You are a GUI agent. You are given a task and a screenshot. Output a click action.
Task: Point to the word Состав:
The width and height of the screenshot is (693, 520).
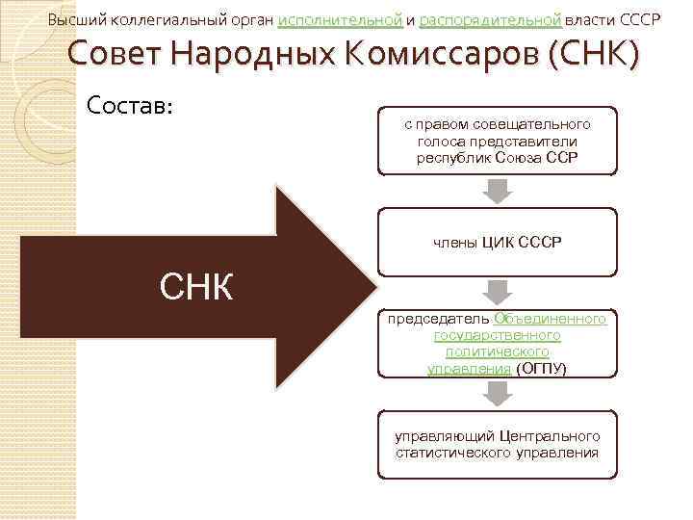[x=129, y=102]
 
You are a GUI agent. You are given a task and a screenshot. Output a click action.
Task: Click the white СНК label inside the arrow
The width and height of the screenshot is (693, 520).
[x=195, y=285]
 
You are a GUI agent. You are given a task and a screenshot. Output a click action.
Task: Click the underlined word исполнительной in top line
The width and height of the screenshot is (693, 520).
[x=340, y=20]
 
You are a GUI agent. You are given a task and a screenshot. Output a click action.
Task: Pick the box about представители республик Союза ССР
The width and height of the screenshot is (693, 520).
[x=497, y=141]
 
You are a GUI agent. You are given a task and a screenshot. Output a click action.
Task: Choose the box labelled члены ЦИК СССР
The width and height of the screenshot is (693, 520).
[x=497, y=243]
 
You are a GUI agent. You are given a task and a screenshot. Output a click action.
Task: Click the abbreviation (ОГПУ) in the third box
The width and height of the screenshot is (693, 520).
[x=541, y=369]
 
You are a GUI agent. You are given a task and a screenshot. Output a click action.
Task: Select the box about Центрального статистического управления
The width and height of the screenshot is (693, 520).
[x=497, y=444]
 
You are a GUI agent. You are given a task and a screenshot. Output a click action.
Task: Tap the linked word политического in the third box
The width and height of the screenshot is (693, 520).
[x=497, y=352]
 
